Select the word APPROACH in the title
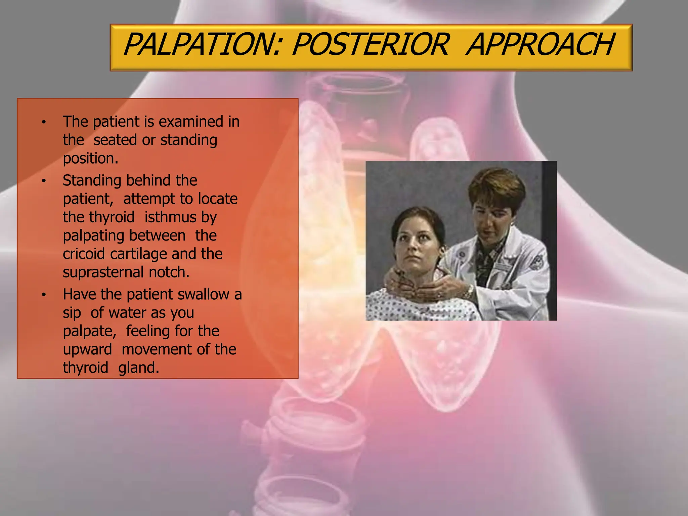click(x=541, y=44)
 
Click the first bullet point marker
click(x=43, y=122)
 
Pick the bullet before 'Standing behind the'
click(x=43, y=181)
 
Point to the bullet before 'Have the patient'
click(x=43, y=295)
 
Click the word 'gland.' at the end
click(x=138, y=368)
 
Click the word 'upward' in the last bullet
click(x=87, y=350)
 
